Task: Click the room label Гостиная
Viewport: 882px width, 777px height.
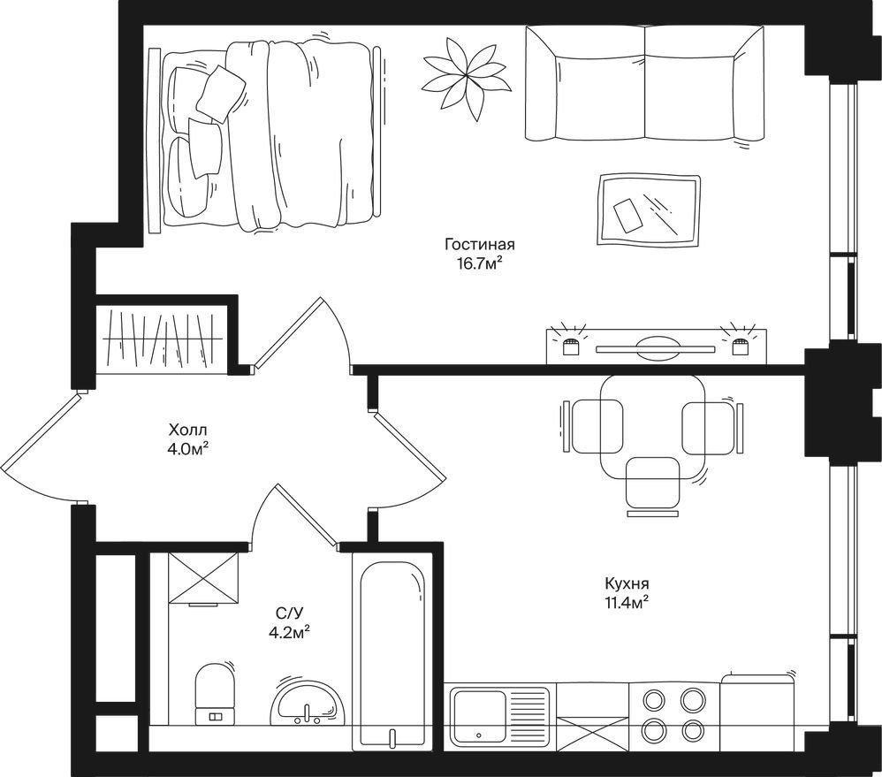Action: coord(479,245)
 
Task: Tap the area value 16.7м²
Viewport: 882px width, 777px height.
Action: coord(479,264)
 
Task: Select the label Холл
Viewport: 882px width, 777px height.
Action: coord(188,430)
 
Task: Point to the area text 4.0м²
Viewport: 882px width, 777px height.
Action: coord(188,450)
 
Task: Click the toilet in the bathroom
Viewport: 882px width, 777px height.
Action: coord(215,694)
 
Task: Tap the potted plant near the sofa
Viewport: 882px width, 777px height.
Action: coord(467,78)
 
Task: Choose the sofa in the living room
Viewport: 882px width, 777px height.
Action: coord(644,83)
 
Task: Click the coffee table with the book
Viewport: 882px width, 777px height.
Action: coord(649,211)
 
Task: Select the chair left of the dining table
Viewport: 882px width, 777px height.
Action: coord(592,425)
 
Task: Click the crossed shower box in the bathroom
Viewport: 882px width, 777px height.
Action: coord(203,577)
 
